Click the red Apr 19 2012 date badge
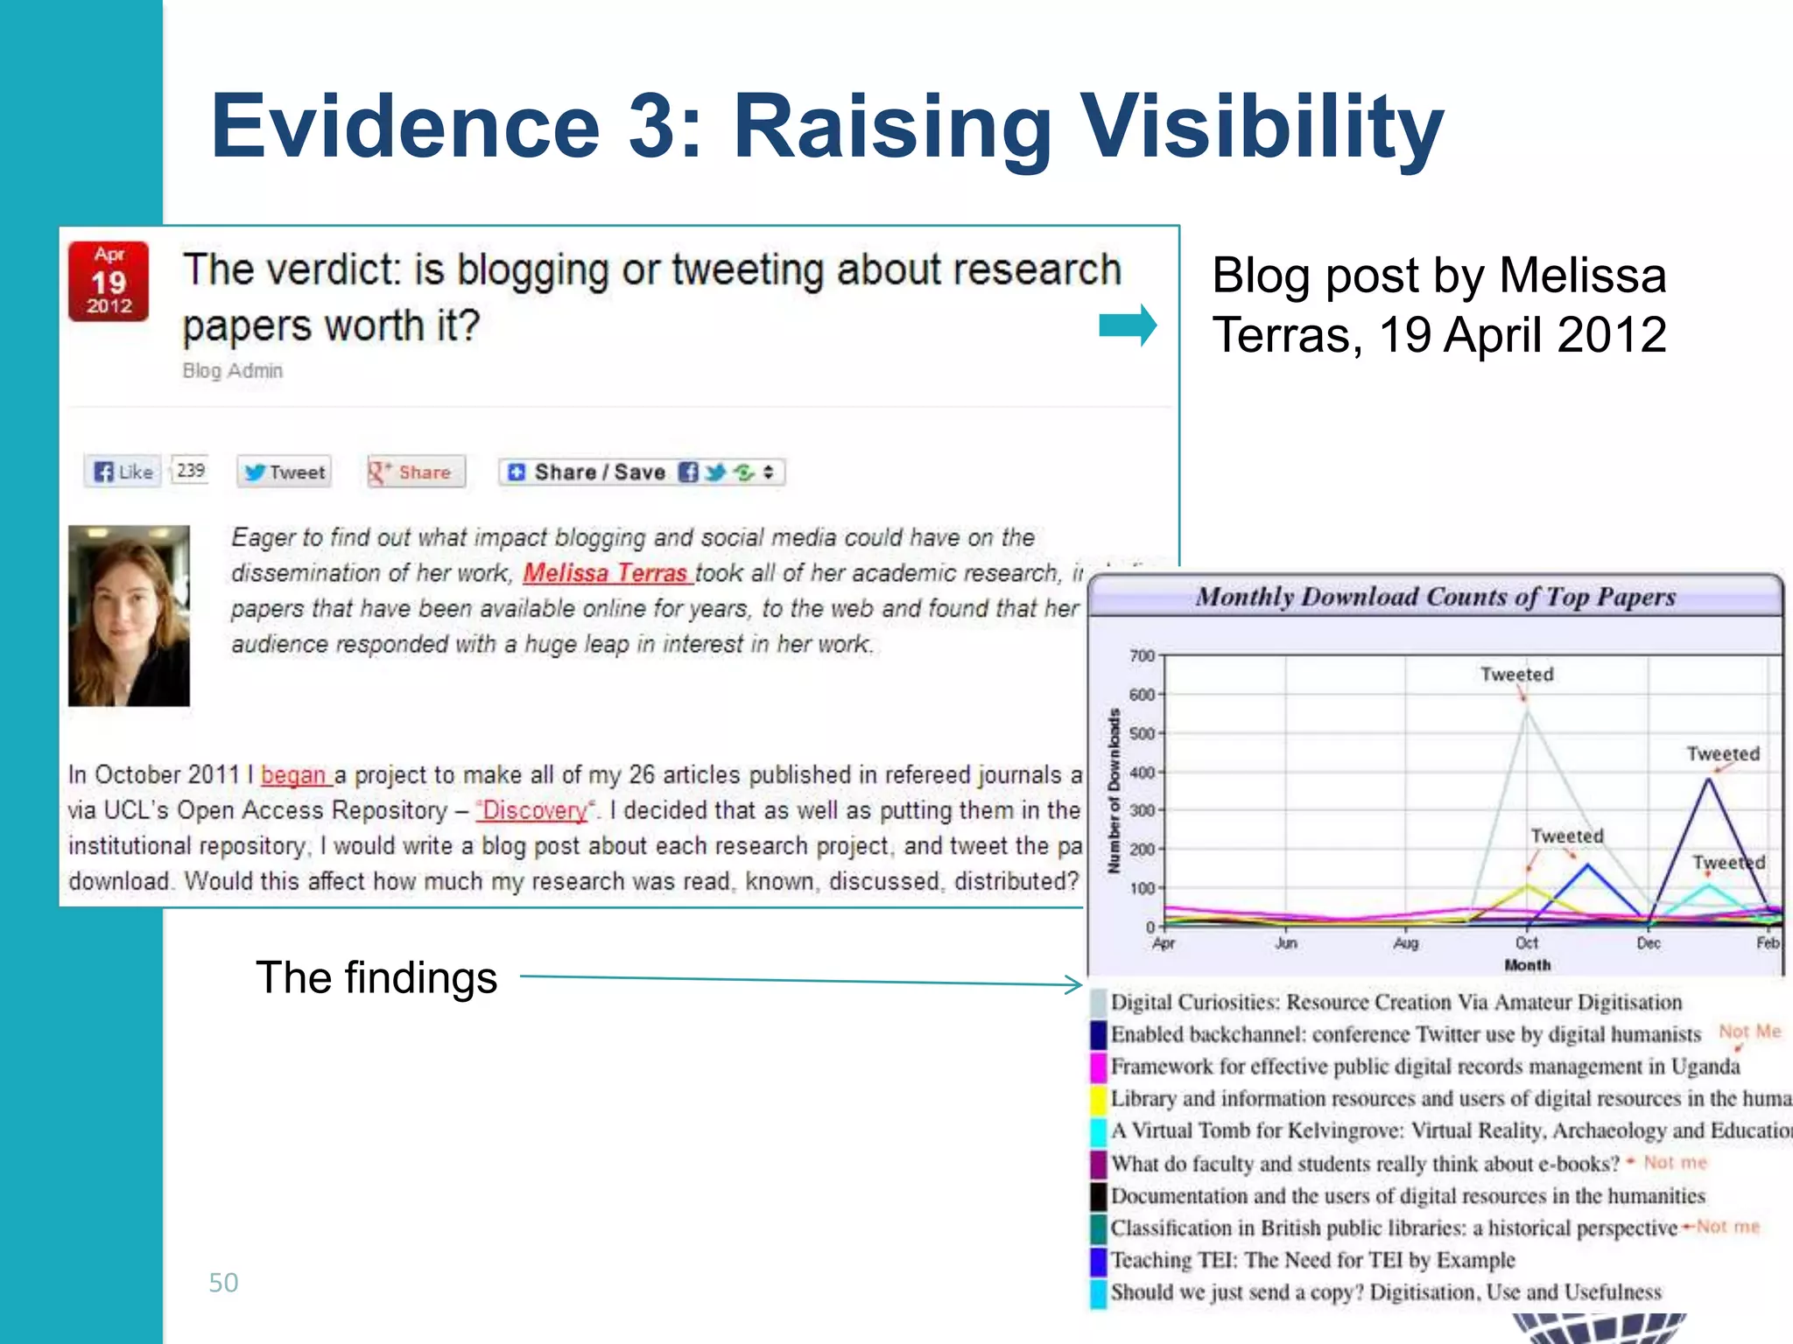point(109,282)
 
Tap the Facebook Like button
point(123,472)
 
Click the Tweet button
point(285,472)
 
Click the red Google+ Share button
point(415,472)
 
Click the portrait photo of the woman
point(129,615)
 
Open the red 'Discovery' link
point(535,810)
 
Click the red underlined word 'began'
point(294,775)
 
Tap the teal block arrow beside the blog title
point(1128,325)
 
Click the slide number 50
point(223,1283)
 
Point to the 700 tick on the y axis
point(1142,655)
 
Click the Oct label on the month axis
point(1527,942)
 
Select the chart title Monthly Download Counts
point(1436,597)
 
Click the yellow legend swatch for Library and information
point(1099,1099)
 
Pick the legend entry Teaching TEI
point(1312,1260)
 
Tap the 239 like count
point(190,471)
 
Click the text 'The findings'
point(376,977)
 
